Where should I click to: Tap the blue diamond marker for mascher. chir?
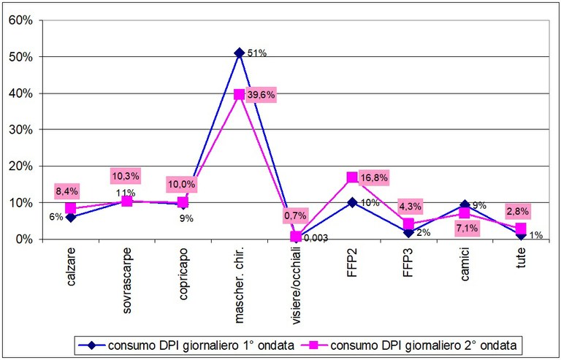240,53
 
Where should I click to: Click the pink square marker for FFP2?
352,177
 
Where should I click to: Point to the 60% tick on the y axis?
20,20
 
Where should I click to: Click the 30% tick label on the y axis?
20,129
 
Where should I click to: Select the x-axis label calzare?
71,268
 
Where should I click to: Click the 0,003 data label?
316,237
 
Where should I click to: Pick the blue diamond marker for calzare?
70,217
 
